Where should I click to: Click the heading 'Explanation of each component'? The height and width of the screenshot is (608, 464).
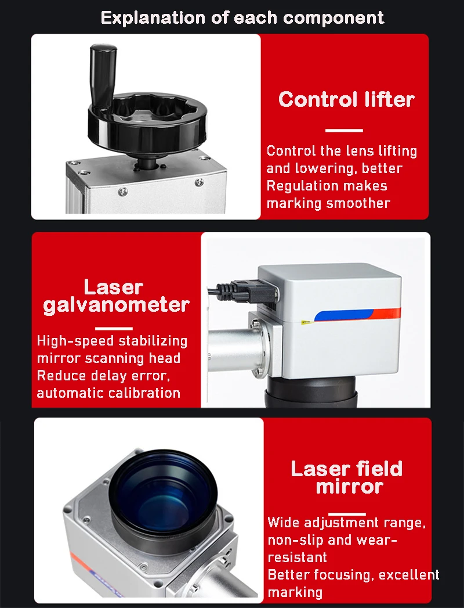point(242,18)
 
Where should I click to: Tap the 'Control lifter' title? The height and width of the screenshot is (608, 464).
point(346,100)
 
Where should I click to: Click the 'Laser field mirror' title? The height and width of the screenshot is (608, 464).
point(347,477)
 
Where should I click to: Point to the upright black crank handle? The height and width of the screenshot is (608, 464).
point(103,75)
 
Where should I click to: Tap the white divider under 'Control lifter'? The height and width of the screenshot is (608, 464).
point(344,130)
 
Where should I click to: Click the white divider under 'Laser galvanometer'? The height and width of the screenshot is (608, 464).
point(114,329)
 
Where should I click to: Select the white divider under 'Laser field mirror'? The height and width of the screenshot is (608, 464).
point(347,514)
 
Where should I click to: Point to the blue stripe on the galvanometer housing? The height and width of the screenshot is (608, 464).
point(343,315)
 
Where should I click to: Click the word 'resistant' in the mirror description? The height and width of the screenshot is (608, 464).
point(297,557)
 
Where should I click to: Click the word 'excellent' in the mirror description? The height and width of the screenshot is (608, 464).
point(409,575)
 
